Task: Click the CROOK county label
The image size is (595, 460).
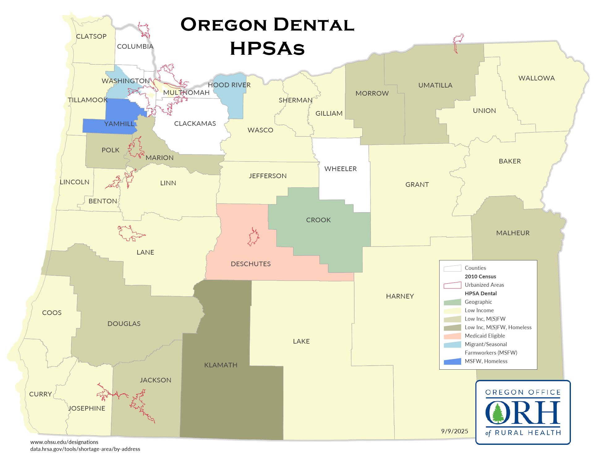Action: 318,220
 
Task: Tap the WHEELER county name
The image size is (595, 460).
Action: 340,169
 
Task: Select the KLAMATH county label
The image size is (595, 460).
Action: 221,365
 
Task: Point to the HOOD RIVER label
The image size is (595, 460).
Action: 229,85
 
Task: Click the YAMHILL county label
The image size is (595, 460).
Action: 119,124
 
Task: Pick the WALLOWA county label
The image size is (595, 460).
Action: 536,78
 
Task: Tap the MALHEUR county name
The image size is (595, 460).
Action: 513,233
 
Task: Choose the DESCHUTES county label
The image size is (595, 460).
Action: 251,264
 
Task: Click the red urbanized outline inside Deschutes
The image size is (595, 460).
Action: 253,237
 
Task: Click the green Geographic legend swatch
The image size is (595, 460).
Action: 452,302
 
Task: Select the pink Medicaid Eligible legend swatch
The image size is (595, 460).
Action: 452,336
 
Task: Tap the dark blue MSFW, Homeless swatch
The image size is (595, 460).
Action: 452,361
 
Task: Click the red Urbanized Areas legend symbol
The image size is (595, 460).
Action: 452,285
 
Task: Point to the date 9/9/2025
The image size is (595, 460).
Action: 454,431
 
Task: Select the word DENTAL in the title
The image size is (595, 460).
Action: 314,25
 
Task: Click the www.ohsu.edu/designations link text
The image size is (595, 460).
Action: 64,442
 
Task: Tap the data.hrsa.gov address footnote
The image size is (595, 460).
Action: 85,449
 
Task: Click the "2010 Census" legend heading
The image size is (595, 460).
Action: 480,277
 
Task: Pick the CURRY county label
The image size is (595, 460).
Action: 40,394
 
